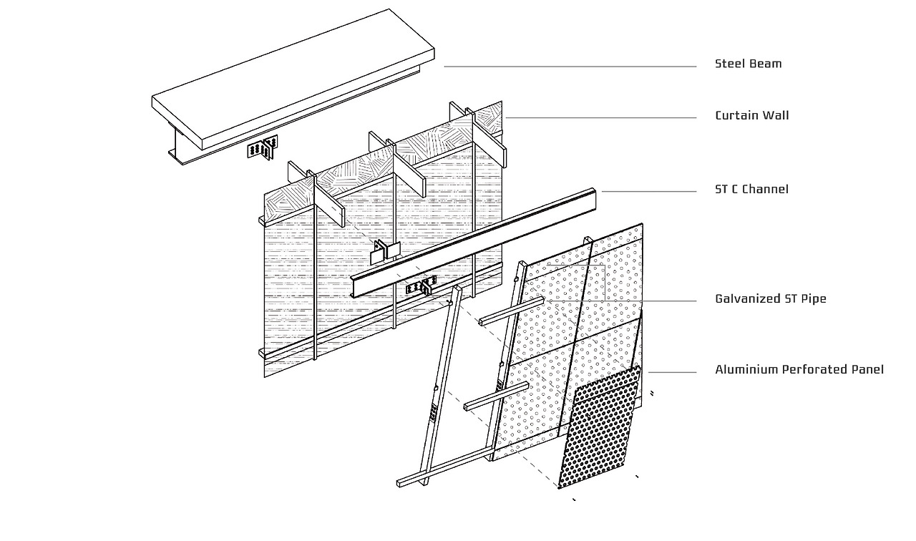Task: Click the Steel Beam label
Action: click(748, 64)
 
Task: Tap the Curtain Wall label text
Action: click(751, 115)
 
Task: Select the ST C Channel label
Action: click(751, 189)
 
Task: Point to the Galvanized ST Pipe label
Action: click(770, 298)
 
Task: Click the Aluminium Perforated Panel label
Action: click(799, 369)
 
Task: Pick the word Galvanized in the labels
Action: click(746, 298)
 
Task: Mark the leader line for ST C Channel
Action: click(648, 192)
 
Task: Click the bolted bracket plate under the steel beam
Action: click(262, 149)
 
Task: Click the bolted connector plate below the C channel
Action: click(420, 288)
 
